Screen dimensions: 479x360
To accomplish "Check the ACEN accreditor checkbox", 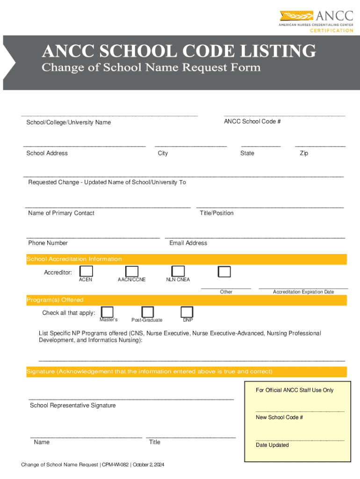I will tap(86, 271).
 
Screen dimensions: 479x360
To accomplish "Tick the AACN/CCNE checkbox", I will tap(132, 271).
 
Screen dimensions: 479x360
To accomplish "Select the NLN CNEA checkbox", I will tap(178, 271).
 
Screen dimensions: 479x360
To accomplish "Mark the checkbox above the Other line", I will tap(224, 272).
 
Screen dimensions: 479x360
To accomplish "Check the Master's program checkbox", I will tap(107, 312).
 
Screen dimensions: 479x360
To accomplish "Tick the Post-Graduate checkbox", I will tap(148, 312).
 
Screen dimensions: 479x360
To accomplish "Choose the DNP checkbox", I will tap(187, 312).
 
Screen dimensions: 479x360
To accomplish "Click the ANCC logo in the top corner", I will tap(316, 22).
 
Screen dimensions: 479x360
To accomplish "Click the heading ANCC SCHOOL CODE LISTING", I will tap(179, 51).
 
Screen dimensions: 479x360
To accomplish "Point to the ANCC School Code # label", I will tap(252, 122).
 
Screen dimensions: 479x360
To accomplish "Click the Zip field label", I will tap(304, 153).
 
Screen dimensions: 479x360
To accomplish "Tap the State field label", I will tap(247, 153).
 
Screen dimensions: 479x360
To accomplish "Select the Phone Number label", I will tap(48, 243).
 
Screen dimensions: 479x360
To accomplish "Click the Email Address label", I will tap(188, 243).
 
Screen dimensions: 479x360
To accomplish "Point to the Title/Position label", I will tap(216, 213).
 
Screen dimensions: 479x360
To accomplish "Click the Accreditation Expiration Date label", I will tap(303, 292).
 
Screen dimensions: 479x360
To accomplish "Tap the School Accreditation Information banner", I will tap(186, 259).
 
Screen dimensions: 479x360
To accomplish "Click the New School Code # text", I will tap(279, 417).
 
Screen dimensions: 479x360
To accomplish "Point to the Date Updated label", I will tap(272, 445).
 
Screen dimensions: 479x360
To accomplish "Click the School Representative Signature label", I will tap(72, 406).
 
